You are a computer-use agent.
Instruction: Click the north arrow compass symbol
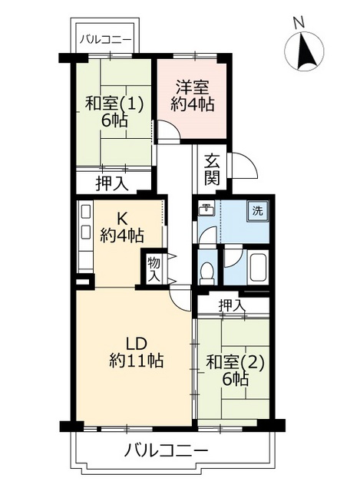306,53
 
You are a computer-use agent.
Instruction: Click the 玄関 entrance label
213,173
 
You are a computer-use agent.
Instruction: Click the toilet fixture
206,272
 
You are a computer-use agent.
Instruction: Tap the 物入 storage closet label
153,269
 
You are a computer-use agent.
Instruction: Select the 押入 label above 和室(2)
232,305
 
